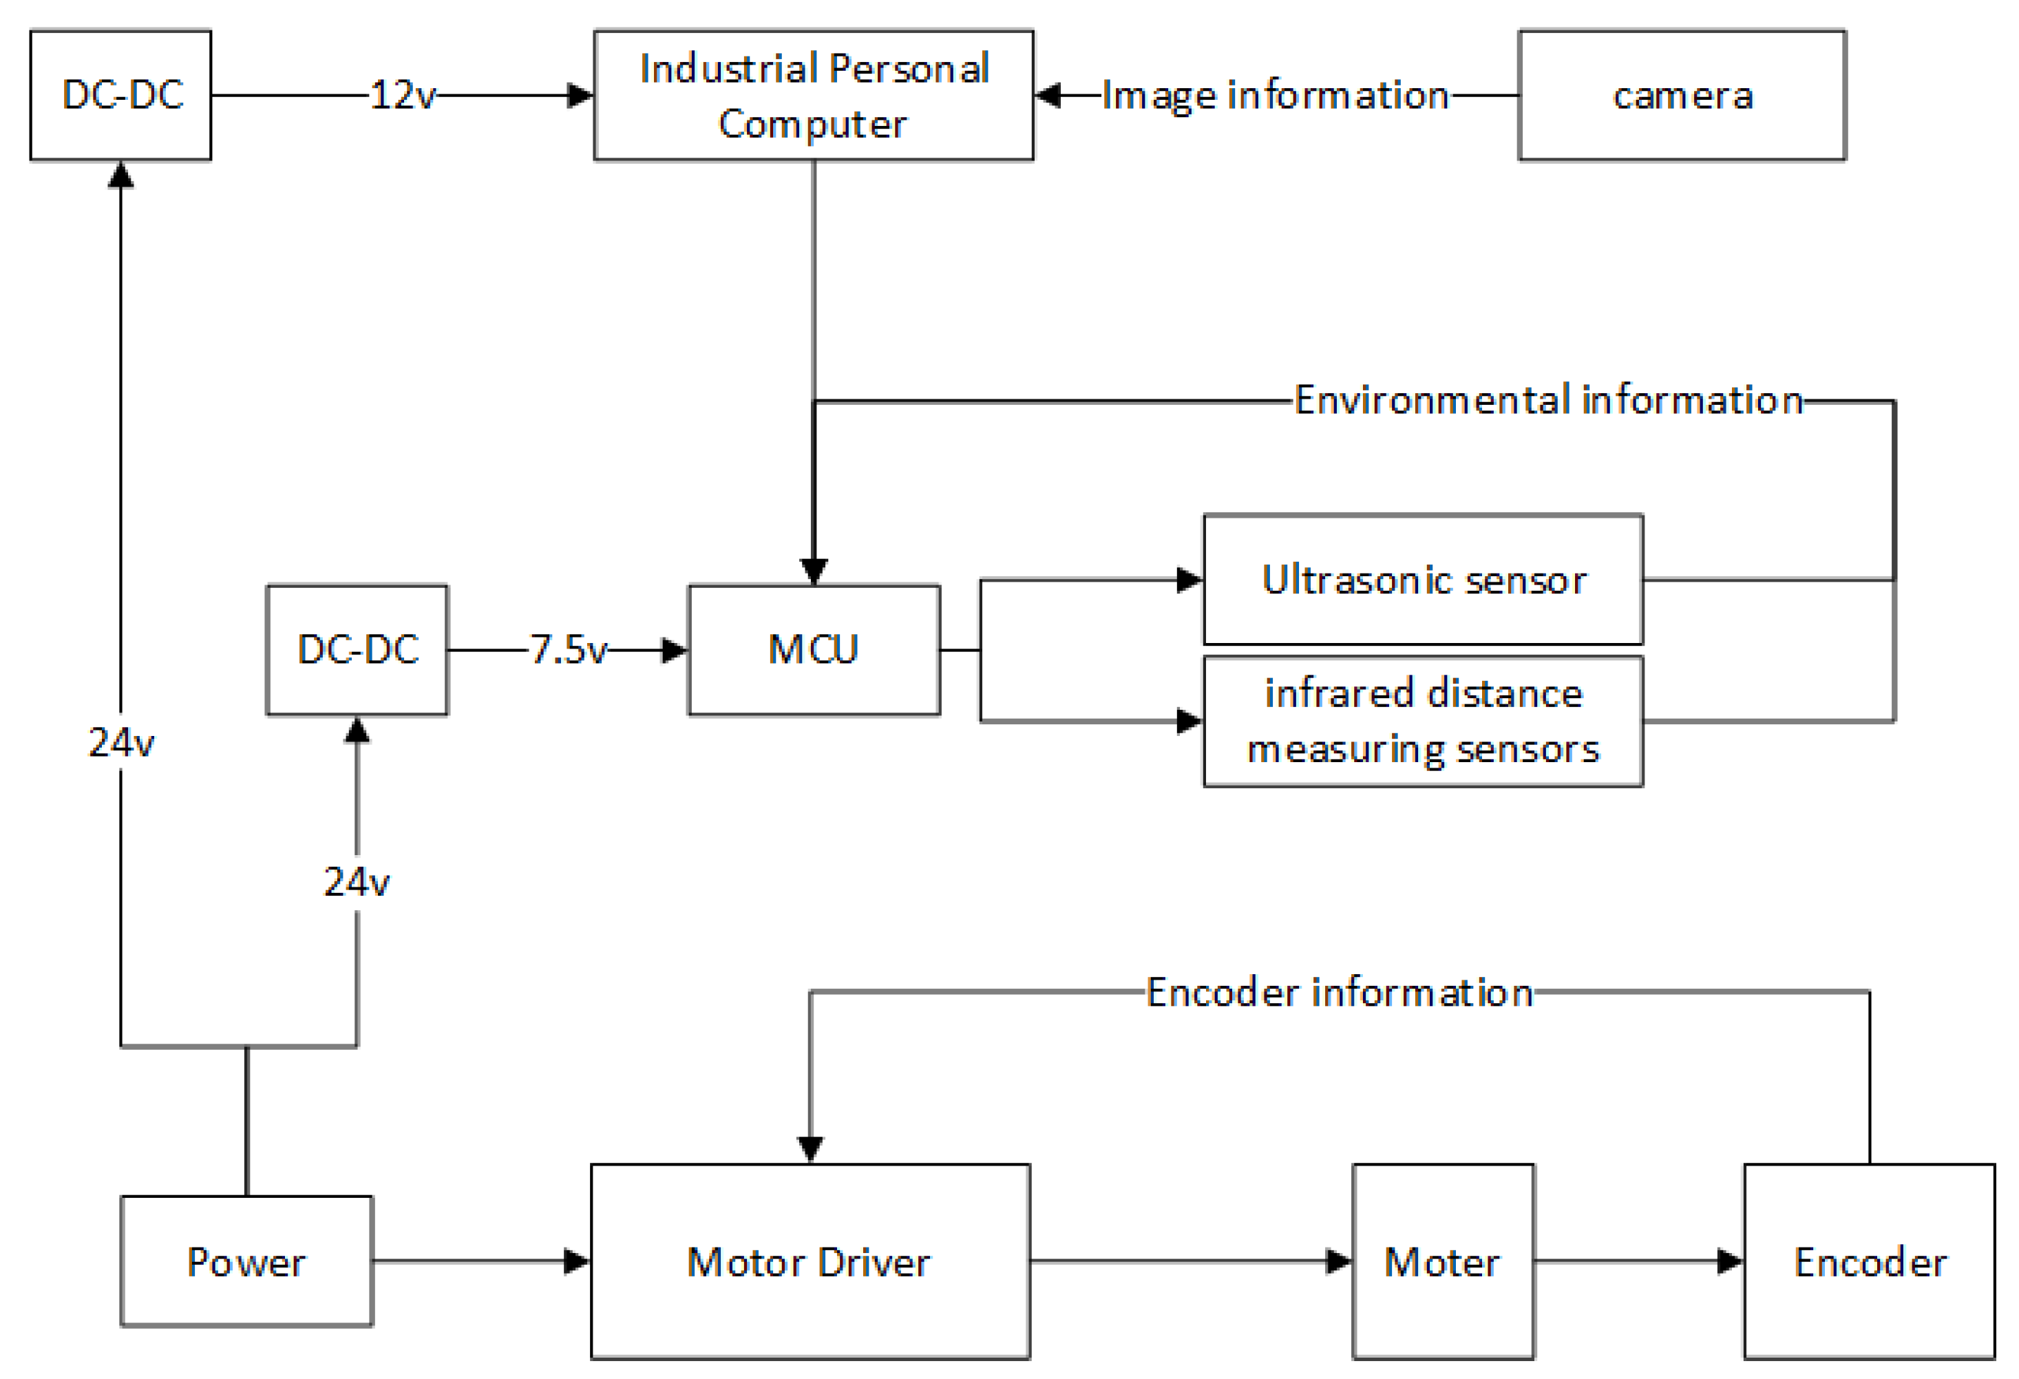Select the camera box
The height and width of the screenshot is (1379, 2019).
point(1681,95)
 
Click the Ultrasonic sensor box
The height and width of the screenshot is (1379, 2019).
point(1422,579)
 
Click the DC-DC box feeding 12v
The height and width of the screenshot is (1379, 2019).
point(120,95)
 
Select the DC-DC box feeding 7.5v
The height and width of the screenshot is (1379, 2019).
point(357,649)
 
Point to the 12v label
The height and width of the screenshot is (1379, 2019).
point(402,95)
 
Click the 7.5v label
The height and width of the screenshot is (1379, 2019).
point(568,649)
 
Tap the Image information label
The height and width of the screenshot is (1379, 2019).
point(1276,95)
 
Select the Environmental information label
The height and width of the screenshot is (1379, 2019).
point(1548,400)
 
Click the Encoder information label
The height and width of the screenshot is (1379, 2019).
point(1339,991)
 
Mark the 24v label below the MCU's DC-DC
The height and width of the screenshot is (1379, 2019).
point(357,882)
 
